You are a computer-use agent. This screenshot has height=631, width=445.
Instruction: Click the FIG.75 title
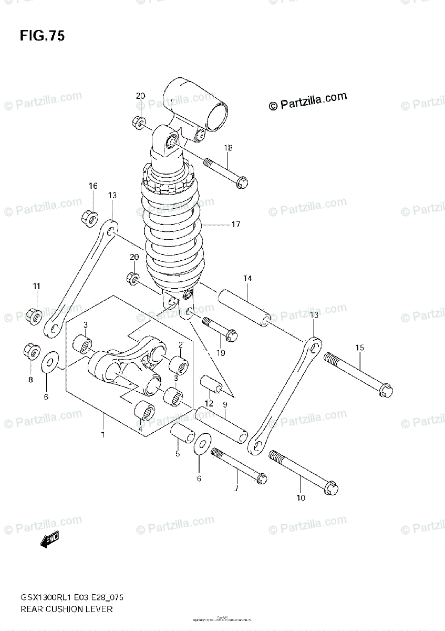point(42,36)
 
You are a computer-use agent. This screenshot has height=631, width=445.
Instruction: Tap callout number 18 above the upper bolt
point(227,148)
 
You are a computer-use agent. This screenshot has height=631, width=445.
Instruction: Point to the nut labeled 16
point(90,216)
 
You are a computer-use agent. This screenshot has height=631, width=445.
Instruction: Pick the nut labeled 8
point(30,350)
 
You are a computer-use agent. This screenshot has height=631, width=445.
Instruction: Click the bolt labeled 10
point(304,472)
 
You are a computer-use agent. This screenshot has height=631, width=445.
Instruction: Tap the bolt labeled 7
point(239,465)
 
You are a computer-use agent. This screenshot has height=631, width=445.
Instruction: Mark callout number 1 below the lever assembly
point(103,435)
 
